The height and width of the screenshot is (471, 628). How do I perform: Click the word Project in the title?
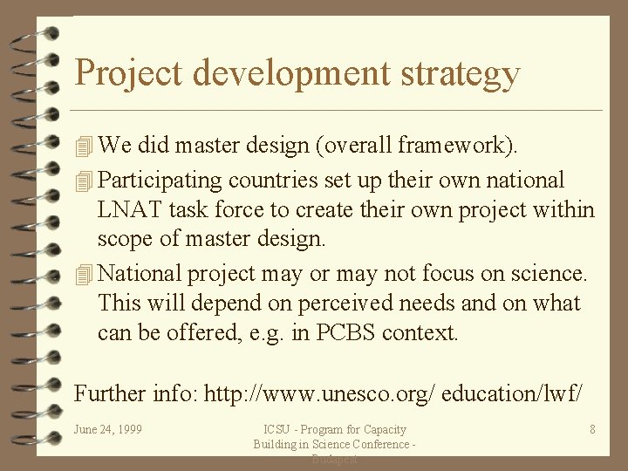point(129,72)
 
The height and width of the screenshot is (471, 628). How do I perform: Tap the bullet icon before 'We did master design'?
point(83,146)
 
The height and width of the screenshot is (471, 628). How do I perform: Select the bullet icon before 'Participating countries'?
point(83,181)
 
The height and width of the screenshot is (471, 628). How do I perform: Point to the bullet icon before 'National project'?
point(83,274)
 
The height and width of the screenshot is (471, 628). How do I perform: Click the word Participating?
point(160,181)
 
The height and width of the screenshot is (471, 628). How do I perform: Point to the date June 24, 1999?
point(108,429)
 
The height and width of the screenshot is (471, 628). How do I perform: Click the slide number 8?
point(592,429)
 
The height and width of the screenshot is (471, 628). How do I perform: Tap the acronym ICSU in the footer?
point(277,429)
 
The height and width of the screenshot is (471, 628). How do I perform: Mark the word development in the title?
point(292,72)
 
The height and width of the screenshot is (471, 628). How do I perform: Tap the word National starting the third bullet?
point(139,273)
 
